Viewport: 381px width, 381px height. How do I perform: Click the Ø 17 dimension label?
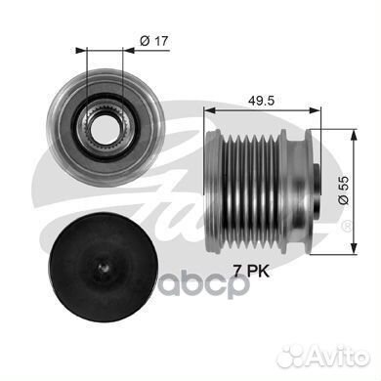coord(154,41)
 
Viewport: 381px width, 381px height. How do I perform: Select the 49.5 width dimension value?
coord(261,101)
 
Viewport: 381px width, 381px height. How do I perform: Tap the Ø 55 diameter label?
coord(343,190)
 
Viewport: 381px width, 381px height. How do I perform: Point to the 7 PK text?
coord(251,271)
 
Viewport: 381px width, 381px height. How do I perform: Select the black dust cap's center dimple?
coord(104,268)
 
